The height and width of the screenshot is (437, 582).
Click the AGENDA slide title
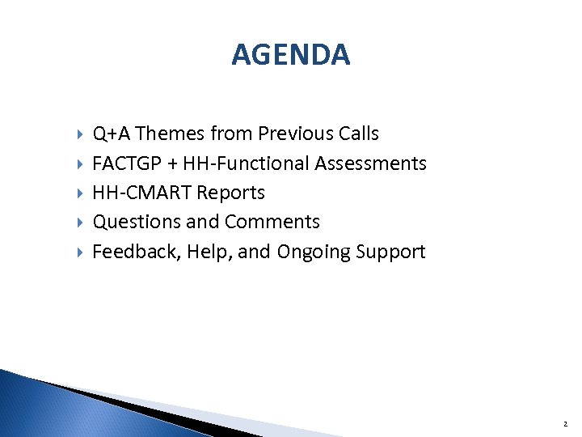click(x=290, y=55)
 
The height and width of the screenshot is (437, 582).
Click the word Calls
click(x=357, y=134)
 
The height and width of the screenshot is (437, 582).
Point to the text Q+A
click(x=108, y=134)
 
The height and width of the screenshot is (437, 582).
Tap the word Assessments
click(x=370, y=163)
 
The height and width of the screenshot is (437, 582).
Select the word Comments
click(x=272, y=222)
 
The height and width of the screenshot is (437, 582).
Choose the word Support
click(x=390, y=252)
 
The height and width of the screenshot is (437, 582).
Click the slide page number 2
click(x=566, y=423)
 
